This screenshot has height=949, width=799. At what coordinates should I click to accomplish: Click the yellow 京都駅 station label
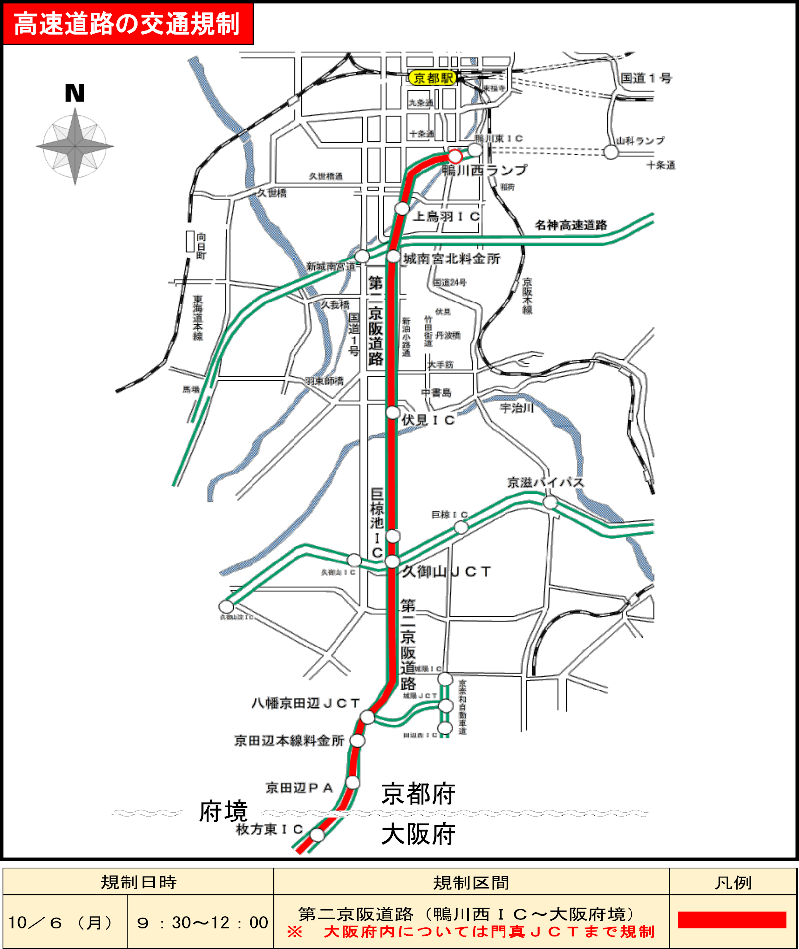(x=432, y=78)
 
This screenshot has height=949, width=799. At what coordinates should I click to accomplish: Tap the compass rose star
(x=75, y=146)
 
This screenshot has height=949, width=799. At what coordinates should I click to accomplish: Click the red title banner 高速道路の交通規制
(x=128, y=24)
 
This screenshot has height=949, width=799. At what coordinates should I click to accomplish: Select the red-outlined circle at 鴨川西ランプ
(x=455, y=157)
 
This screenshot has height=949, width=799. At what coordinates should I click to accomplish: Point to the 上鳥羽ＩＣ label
(x=446, y=216)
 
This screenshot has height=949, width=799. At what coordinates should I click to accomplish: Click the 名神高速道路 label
(x=571, y=225)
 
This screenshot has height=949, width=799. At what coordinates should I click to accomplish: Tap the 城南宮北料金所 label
(x=452, y=259)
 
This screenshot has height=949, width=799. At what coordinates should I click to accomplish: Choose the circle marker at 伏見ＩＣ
(x=393, y=412)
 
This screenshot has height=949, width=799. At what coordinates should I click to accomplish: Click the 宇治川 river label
(x=516, y=408)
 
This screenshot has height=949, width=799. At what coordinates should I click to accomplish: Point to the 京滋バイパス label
(x=545, y=482)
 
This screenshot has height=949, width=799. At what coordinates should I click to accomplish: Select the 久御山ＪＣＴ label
(x=446, y=571)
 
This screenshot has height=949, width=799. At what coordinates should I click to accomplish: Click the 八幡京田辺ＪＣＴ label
(x=305, y=703)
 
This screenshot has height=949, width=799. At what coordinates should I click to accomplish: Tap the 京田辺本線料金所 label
(x=289, y=741)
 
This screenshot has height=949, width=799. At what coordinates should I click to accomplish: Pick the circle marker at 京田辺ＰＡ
(x=353, y=782)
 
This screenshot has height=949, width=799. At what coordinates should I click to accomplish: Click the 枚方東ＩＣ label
(x=269, y=829)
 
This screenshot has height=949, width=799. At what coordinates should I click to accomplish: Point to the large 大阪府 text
(x=418, y=834)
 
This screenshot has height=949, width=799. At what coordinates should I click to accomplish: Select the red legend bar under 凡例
(x=732, y=920)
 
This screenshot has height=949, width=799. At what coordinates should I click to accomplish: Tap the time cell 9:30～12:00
(x=202, y=922)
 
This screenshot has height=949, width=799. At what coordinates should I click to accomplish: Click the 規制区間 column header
(x=471, y=883)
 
